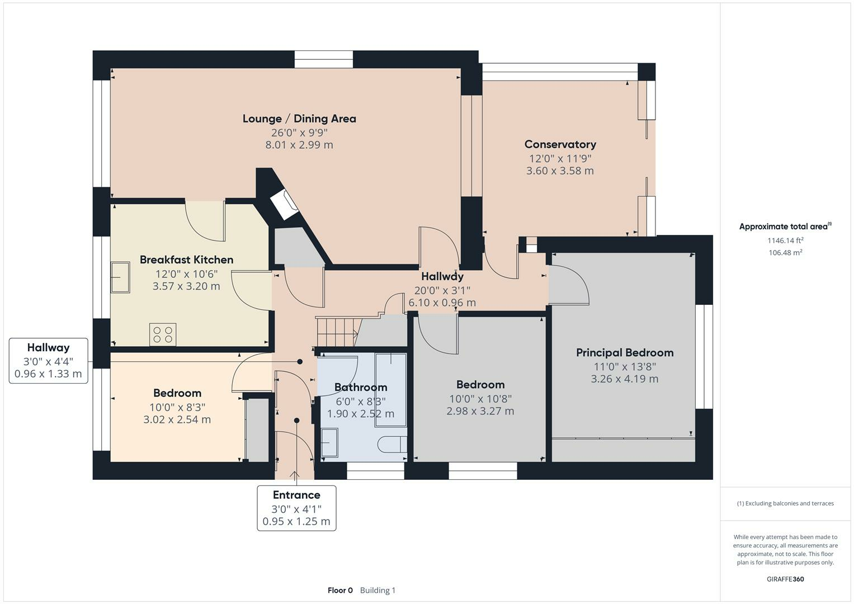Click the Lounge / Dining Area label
299,119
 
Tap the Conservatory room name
560,144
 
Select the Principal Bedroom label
625,353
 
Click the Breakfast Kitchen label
186,259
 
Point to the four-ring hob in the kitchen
163,334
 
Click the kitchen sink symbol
120,277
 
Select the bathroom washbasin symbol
329,443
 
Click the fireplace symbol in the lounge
285,205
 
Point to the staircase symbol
336,332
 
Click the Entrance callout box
296,508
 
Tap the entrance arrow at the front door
295,476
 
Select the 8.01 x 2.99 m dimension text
299,145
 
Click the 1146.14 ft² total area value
785,240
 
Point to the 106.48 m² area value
785,253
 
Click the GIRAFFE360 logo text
785,579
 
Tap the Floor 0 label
340,590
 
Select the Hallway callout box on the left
48,361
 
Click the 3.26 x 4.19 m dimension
625,379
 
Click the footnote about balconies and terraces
785,503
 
